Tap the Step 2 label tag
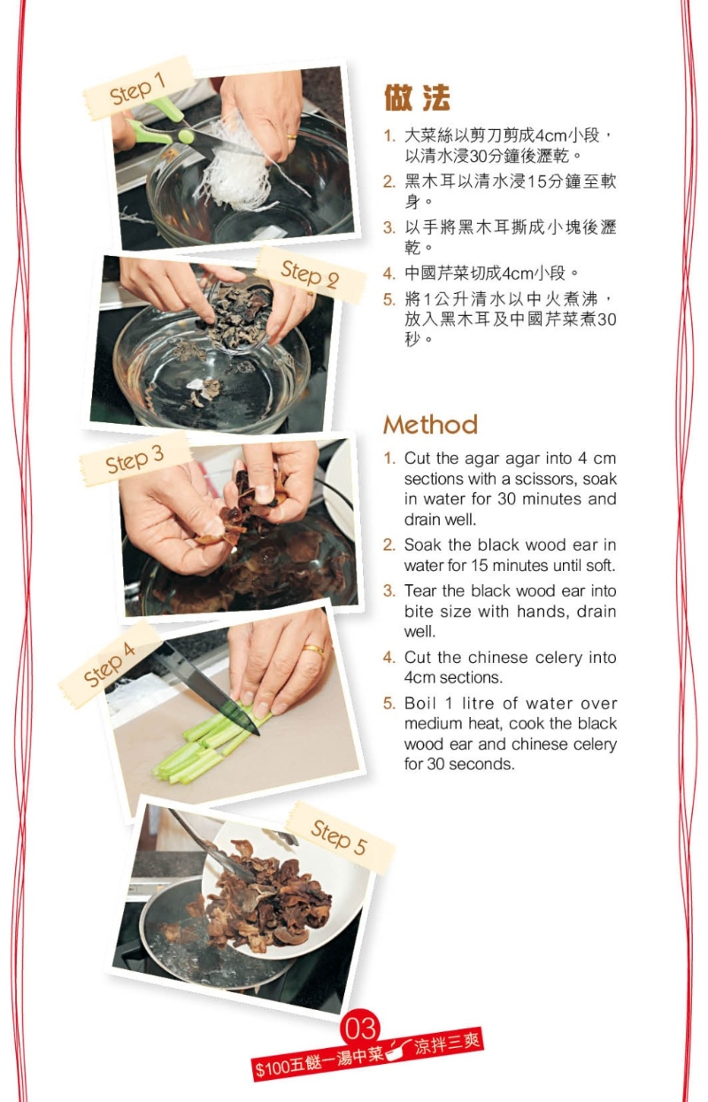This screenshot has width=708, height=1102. coord(310,275)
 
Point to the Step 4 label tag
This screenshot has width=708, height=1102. coord(110,664)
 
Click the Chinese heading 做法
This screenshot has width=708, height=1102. coord(417,98)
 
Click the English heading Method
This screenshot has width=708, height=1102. coord(430,425)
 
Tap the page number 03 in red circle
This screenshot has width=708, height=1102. coord(361,1029)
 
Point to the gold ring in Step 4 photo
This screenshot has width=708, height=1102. coord(313,650)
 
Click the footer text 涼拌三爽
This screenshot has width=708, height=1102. coord(448,1044)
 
